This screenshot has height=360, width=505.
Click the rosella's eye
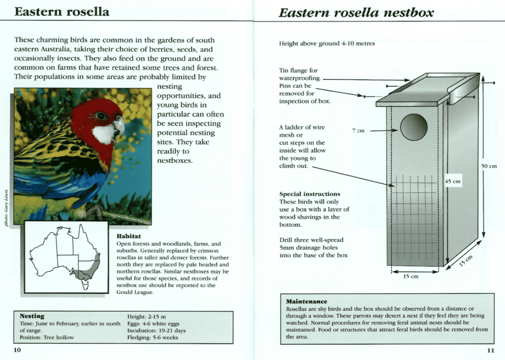pyautogui.click(x=101, y=116)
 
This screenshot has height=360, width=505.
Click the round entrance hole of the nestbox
pyautogui.click(x=414, y=127)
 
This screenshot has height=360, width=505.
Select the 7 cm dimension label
pyautogui.click(x=358, y=131)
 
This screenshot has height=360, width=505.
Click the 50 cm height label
pyautogui.click(x=489, y=166)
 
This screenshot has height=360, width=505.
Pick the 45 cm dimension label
pyautogui.click(x=453, y=181)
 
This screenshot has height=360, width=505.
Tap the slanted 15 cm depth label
pyautogui.click(x=466, y=260)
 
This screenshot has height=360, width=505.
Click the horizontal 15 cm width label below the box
pyautogui.click(x=411, y=276)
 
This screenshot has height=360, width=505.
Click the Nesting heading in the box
pyautogui.click(x=32, y=316)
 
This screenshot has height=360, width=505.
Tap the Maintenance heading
pyautogui.click(x=306, y=301)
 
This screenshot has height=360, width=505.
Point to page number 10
pyautogui.click(x=17, y=350)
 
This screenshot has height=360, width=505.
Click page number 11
pyautogui.click(x=490, y=350)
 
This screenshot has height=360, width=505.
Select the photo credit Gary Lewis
pyautogui.click(x=6, y=207)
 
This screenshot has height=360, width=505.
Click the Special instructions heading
pyautogui.click(x=310, y=194)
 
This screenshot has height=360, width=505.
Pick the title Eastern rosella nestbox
pyautogui.click(x=356, y=13)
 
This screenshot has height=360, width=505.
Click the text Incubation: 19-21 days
pyautogui.click(x=156, y=330)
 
